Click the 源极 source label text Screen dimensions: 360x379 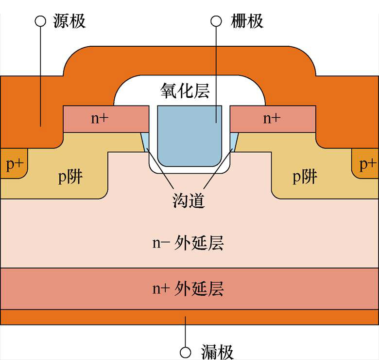[68, 21]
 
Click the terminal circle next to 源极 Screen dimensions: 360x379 [40, 21]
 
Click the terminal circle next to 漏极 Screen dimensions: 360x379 [185, 352]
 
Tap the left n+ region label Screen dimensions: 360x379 [100, 118]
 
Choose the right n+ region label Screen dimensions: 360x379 [272, 118]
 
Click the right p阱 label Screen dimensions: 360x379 [305, 177]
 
